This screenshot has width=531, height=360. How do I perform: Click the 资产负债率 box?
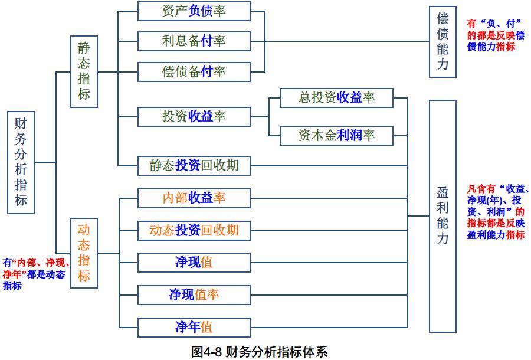[194, 11]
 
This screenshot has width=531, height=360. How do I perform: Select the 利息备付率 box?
[194, 41]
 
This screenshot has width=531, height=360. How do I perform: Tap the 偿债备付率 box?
[194, 71]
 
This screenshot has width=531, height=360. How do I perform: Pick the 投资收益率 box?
[194, 116]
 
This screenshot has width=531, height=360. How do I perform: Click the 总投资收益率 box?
[336, 97]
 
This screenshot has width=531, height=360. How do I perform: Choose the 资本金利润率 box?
[336, 136]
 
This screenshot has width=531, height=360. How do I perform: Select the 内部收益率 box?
[194, 198]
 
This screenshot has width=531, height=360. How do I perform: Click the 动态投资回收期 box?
[194, 230]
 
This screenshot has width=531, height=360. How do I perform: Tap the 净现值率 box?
[194, 294]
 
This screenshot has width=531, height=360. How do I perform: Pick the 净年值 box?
[194, 326]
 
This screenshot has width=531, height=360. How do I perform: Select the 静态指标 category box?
[84, 71]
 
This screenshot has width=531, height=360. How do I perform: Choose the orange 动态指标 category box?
[84, 253]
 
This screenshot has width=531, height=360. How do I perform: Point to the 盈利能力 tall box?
[442, 216]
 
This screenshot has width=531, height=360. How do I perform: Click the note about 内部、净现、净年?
[35, 274]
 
